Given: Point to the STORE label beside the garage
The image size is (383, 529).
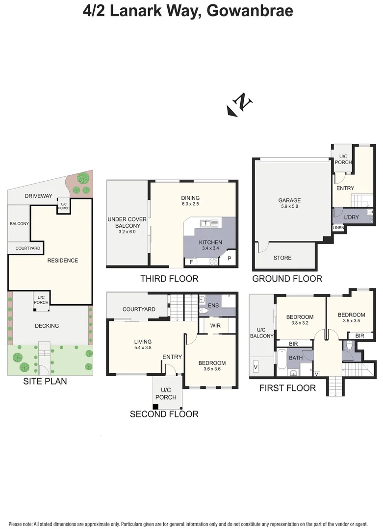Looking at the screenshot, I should click(282, 258).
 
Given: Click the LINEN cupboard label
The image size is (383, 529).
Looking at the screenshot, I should click(338, 228).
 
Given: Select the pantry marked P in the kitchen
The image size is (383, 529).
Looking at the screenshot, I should click(229, 259).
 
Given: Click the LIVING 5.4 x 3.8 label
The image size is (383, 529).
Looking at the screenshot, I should click(143, 345).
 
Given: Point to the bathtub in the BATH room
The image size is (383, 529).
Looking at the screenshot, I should click(282, 360).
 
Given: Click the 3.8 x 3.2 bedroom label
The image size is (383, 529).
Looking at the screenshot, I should click(300, 320).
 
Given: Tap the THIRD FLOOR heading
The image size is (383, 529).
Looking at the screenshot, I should click(169, 279).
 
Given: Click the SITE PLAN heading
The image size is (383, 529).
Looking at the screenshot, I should click(45, 381).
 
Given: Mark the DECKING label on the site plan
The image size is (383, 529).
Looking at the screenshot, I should click(47, 326).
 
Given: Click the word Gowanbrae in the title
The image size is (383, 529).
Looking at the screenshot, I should click(250, 10).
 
